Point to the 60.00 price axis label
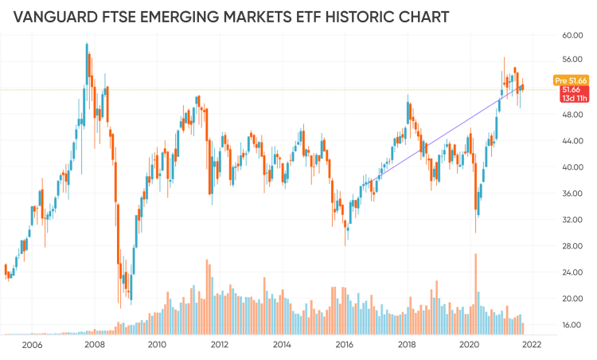tap(572, 35)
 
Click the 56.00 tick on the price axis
tap(572, 60)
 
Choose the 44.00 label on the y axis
tap(572, 141)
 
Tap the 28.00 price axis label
tap(572, 246)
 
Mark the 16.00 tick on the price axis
tap(572, 325)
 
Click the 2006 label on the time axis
tap(32, 345)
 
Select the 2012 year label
tap(220, 345)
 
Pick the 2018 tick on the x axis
tap(407, 345)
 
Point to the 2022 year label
tap(532, 345)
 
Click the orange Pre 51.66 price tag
tap(571, 80)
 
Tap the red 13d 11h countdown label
tap(575, 98)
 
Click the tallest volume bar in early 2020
tap(475, 294)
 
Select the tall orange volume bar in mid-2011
tap(207, 297)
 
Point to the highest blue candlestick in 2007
tap(87, 64)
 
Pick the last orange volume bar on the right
tap(523, 329)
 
